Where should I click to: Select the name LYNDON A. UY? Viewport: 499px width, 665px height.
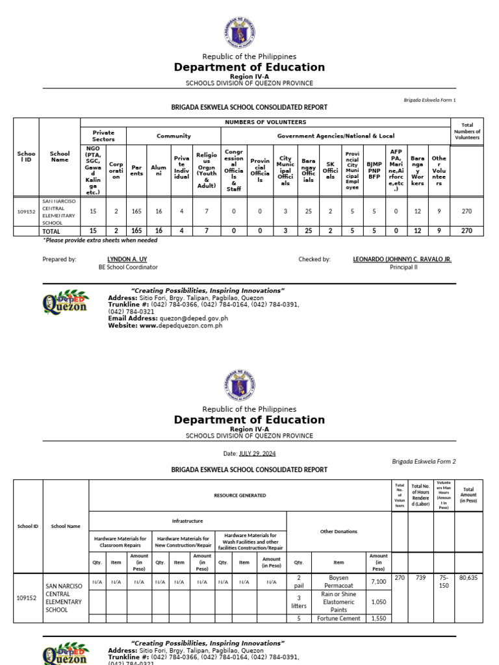tap(136, 259)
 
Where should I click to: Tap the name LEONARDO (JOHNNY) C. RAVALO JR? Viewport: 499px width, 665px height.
tap(402, 259)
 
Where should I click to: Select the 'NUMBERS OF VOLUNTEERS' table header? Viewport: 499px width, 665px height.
tap(264, 122)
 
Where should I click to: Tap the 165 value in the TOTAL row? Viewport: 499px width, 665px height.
tap(136, 231)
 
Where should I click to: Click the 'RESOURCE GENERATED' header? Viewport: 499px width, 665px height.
tap(240, 496)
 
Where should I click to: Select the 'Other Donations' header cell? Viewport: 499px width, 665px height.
tap(339, 531)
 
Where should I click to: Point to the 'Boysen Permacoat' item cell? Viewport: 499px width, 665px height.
tap(339, 581)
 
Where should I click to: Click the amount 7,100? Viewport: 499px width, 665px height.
tap(378, 582)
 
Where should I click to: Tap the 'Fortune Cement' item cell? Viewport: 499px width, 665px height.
tap(339, 618)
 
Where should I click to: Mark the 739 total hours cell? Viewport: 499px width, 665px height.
tap(420, 577)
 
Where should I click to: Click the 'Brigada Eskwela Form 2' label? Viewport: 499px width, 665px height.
tap(424, 462)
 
